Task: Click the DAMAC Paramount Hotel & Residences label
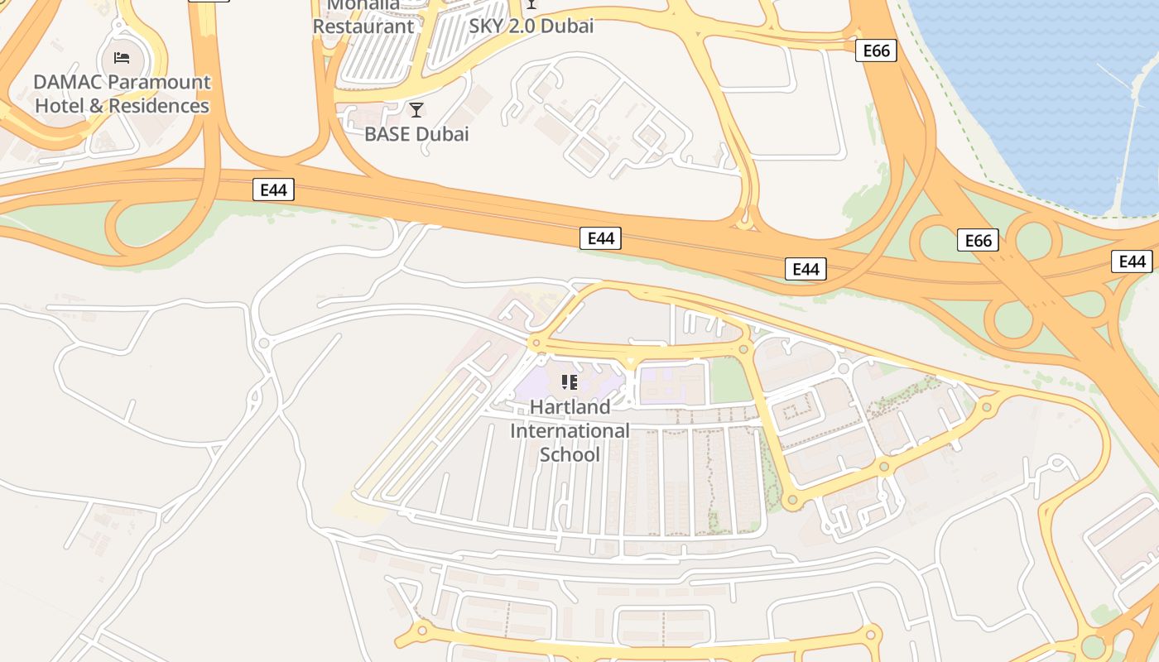tap(122, 94)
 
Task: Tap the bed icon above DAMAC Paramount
tap(122, 58)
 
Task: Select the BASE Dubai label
tap(416, 134)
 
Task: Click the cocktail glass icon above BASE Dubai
tap(416, 109)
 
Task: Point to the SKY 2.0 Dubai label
tap(531, 26)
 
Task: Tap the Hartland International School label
tap(570, 430)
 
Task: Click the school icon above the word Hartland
tap(570, 381)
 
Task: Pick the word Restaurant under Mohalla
tap(363, 26)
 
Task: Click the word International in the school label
tap(570, 430)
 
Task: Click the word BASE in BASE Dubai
tap(387, 134)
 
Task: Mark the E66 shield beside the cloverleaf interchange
tap(978, 241)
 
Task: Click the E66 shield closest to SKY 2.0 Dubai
tap(876, 51)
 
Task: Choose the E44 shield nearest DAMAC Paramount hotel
tap(273, 189)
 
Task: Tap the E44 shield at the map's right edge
tap(1131, 261)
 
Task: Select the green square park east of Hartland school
tap(730, 381)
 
